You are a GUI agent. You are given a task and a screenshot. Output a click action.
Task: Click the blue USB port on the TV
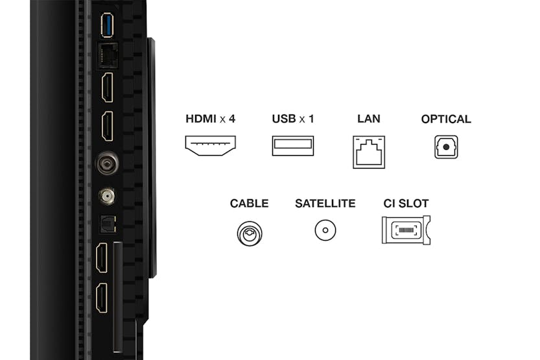tap(107, 25)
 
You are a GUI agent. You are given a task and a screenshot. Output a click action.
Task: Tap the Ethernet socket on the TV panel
tap(108, 56)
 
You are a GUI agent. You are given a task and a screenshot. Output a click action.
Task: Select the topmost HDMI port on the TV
tap(108, 88)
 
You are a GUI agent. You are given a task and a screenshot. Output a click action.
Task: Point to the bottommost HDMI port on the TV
tap(102, 298)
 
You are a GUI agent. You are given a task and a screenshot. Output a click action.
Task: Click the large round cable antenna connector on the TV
tap(108, 163)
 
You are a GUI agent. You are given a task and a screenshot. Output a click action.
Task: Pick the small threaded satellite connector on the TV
tap(107, 197)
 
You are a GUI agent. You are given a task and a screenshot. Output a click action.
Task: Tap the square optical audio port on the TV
tap(108, 224)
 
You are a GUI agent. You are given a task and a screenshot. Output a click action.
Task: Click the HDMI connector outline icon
tap(211, 145)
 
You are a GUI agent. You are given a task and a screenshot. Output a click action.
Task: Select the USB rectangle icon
tap(293, 146)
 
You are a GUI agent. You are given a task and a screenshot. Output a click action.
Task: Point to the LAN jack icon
tap(369, 152)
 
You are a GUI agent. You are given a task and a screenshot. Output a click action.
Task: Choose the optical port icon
tap(446, 147)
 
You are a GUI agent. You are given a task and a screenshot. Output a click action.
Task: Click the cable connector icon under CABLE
tap(250, 234)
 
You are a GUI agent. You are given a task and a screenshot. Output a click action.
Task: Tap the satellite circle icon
tap(325, 230)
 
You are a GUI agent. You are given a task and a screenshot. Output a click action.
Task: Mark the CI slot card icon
tap(406, 230)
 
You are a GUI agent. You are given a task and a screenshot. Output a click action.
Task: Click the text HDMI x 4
tap(211, 119)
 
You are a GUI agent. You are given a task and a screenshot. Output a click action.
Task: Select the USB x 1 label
tap(293, 119)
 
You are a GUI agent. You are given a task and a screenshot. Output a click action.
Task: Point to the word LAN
tap(369, 119)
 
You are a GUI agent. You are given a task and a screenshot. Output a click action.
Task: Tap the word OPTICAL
tap(446, 119)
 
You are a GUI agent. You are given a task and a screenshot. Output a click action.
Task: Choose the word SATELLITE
tap(325, 204)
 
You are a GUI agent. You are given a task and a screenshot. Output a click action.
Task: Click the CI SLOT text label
tap(406, 204)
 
